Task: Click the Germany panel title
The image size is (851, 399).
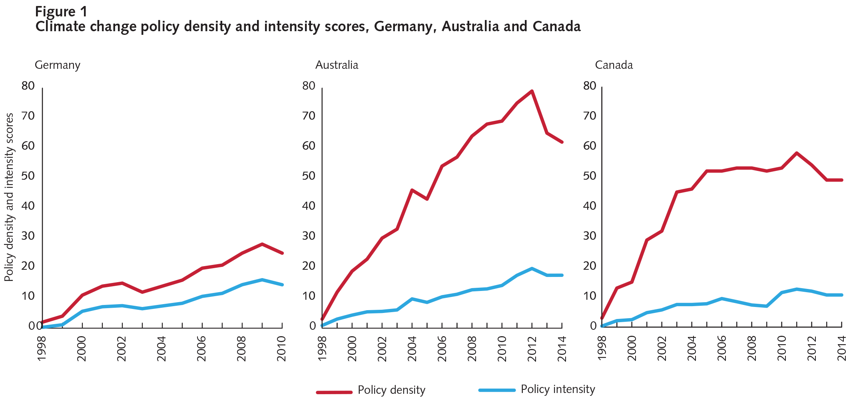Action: (x=58, y=65)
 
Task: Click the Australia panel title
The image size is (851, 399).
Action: (x=337, y=65)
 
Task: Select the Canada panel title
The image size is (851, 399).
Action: (x=614, y=65)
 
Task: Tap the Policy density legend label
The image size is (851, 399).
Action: (x=391, y=390)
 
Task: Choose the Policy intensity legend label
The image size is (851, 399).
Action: (x=558, y=389)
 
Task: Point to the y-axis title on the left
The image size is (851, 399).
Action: (x=9, y=197)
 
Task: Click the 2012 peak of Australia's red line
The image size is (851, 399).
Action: (x=532, y=91)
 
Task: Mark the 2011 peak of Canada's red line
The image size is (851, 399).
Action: (x=797, y=153)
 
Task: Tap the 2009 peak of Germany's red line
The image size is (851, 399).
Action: (x=262, y=244)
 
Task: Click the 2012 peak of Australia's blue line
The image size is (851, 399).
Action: (x=532, y=268)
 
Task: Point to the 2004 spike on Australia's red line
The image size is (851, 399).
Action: (x=412, y=189)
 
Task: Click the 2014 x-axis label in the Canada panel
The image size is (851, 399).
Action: (x=842, y=349)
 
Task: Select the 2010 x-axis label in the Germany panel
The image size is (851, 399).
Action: (x=282, y=349)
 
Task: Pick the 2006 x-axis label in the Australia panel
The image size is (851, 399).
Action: (x=442, y=349)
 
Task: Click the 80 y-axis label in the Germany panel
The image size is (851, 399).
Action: (x=28, y=86)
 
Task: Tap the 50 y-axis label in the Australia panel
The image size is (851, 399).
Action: (x=309, y=176)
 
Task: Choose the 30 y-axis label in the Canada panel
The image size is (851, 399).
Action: (x=590, y=236)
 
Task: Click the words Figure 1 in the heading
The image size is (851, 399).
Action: (x=61, y=12)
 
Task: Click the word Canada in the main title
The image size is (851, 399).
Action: (x=556, y=26)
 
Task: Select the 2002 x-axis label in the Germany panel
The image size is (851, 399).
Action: (x=122, y=349)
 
